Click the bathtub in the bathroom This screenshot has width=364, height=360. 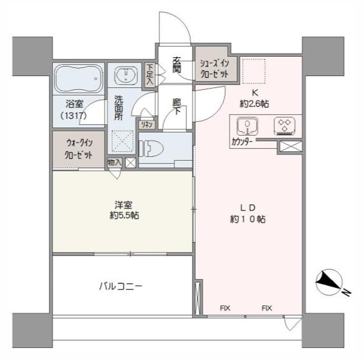tap(78, 79)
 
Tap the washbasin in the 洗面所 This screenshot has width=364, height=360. tap(126, 75)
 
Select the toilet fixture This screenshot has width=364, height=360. tap(151, 148)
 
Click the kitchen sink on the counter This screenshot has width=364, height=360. tap(248, 126)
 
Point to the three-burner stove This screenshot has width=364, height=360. tap(285, 126)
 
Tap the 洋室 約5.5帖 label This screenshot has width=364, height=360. tap(124, 210)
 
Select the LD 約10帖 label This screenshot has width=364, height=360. tap(248, 213)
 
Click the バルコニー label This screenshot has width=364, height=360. tap(121, 286)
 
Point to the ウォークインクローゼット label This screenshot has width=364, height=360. tap(79, 149)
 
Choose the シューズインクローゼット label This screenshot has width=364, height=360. tap(214, 68)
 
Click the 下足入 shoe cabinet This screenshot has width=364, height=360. tap(150, 75)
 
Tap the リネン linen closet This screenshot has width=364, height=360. tap(147, 125)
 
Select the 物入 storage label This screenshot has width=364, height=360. tap(114, 163)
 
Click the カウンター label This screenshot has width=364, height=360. tap(242, 141)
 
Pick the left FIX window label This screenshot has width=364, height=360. tap(225, 308)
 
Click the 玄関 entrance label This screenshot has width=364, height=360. tap(177, 65)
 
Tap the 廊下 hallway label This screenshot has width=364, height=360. tap(177, 107)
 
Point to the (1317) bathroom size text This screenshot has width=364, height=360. tap(74, 115)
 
